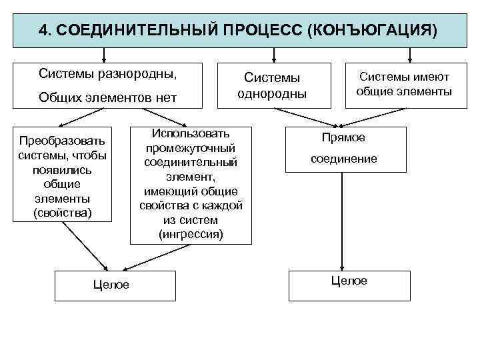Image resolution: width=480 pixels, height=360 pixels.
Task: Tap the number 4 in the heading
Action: click(44, 31)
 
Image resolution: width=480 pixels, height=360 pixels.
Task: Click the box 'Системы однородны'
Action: click(272, 86)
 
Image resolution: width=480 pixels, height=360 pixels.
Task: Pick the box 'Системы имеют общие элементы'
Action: click(404, 85)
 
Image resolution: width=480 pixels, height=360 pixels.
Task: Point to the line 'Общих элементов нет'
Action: click(107, 98)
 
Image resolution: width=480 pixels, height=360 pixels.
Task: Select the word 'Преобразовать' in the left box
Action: click(63, 141)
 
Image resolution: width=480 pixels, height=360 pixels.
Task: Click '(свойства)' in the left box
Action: click(63, 213)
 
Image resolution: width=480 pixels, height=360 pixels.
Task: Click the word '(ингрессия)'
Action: click(191, 234)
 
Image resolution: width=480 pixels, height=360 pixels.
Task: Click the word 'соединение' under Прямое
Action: click(343, 159)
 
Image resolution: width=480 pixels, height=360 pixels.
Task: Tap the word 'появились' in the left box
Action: click(63, 170)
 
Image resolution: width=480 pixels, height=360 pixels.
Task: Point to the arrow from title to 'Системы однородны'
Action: click(273, 55)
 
